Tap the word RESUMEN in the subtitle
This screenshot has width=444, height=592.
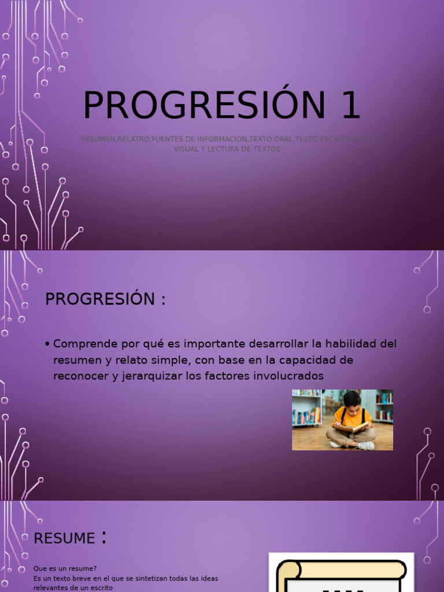[x=98, y=139]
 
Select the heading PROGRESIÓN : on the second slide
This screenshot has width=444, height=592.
[x=105, y=299]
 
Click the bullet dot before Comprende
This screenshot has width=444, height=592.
[x=47, y=345]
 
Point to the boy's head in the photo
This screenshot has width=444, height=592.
[x=351, y=399]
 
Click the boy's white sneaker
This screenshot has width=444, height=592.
[x=367, y=446]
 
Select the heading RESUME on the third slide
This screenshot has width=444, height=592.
[x=64, y=538]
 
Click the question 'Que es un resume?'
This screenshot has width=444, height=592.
[x=65, y=568]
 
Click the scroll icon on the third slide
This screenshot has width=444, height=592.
[x=341, y=575]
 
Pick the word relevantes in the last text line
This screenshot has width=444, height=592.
[x=51, y=587]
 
